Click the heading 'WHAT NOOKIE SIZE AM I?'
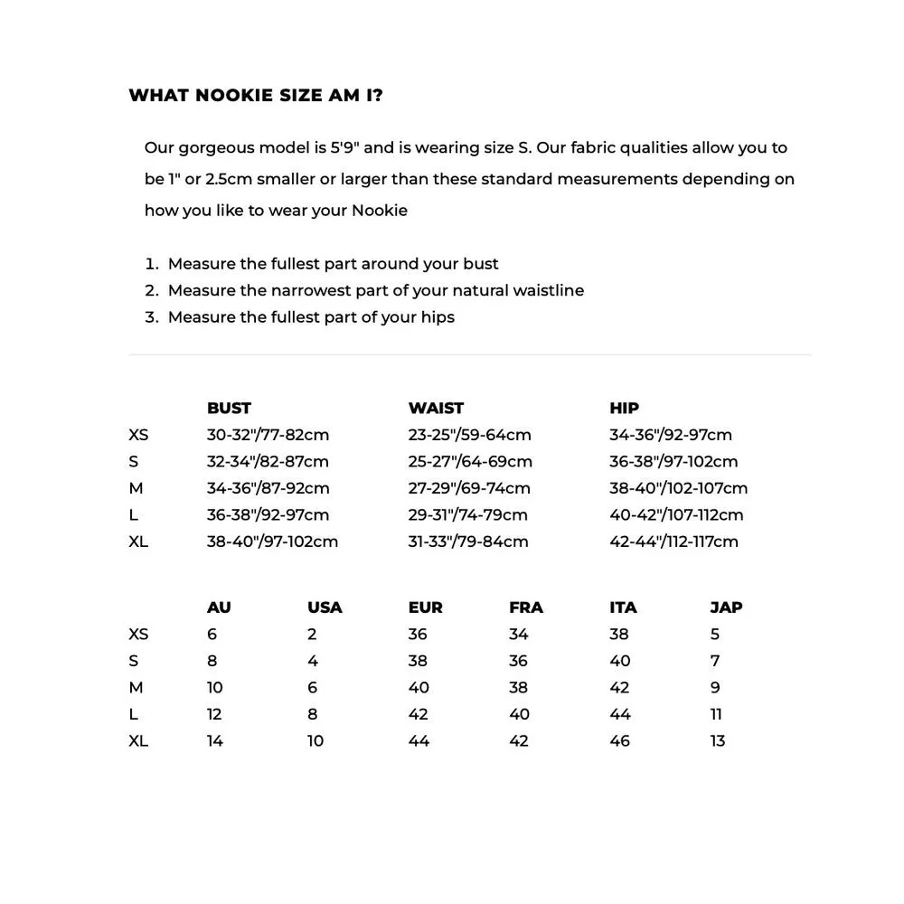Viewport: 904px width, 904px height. point(256,96)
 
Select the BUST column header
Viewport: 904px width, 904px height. point(229,409)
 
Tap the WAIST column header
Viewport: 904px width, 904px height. point(436,409)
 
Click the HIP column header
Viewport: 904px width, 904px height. point(624,409)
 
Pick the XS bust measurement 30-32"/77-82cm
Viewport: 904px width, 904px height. point(268,435)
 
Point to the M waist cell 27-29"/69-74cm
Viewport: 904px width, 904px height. point(469,488)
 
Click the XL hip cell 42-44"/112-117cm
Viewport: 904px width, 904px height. point(673,541)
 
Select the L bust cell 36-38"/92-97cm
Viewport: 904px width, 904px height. point(268,515)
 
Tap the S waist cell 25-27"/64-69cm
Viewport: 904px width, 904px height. point(470,462)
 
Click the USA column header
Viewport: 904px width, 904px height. point(325,607)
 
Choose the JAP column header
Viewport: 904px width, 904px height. point(726,607)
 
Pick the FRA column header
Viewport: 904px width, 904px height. point(526,607)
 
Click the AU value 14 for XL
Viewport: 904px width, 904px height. point(215,741)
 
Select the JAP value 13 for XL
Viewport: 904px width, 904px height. point(718,741)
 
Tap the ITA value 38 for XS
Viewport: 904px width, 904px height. point(619,635)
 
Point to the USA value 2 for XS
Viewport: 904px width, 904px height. point(312,635)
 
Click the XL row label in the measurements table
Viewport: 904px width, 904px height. point(138,541)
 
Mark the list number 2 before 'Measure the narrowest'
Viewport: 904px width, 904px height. point(151,291)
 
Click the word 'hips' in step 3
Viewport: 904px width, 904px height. point(438,317)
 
